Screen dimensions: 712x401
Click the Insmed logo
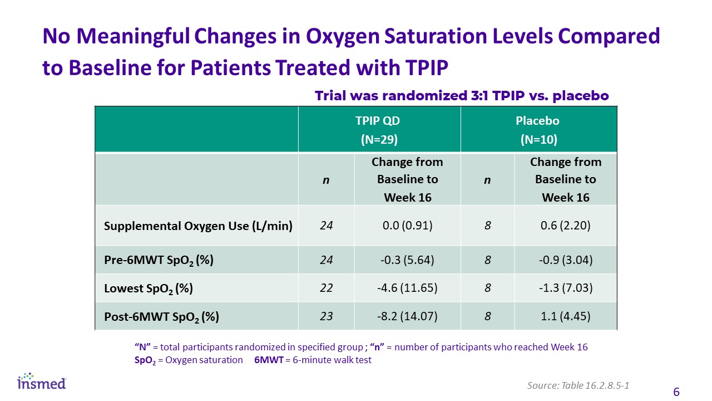(42, 382)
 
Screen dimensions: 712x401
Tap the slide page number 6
(676, 392)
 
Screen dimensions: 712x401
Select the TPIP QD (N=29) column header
(379, 130)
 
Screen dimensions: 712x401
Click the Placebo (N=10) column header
(538, 130)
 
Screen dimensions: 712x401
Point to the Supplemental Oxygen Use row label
(198, 226)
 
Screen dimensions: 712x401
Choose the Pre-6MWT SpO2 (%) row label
(159, 260)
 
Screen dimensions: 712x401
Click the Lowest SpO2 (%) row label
(149, 288)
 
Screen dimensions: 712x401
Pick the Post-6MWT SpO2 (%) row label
(161, 317)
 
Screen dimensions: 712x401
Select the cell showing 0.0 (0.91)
(408, 226)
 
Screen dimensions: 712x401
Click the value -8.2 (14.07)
(407, 316)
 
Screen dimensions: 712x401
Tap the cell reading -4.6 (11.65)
(407, 288)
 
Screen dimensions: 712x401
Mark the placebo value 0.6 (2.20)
(566, 226)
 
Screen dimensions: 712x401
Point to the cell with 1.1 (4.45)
(566, 316)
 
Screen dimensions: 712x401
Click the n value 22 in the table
(326, 288)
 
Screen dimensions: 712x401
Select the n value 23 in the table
(326, 316)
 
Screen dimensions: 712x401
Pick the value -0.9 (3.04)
(566, 260)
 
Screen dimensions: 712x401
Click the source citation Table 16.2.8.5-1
(595, 385)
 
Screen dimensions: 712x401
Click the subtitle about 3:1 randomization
(462, 95)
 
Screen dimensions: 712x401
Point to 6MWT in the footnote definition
(269, 360)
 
